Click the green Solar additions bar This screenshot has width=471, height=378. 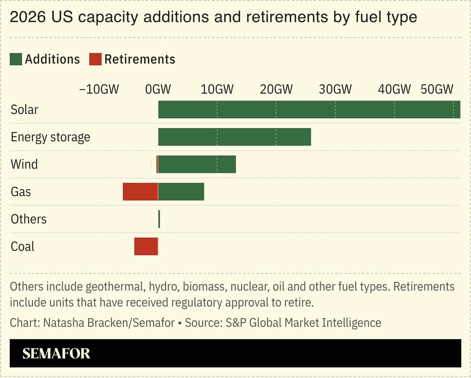309,110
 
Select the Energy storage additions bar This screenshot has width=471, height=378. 234,137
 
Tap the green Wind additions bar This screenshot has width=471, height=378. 197,164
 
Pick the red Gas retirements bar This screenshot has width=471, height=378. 140,192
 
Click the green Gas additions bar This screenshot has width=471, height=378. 181,192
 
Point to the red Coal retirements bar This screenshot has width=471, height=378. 146,246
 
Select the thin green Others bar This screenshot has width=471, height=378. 159,219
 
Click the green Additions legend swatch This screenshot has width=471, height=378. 16,59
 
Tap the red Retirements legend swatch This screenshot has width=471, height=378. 95,59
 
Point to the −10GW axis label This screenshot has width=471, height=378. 99,89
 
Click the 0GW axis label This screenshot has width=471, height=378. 158,89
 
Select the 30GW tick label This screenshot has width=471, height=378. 335,89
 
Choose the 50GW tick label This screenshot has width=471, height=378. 437,89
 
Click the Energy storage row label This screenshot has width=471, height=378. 50,137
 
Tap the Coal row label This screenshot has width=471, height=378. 22,246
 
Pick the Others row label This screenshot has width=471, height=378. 29,219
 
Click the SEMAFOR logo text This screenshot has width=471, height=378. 56,353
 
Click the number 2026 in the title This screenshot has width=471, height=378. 28,17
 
